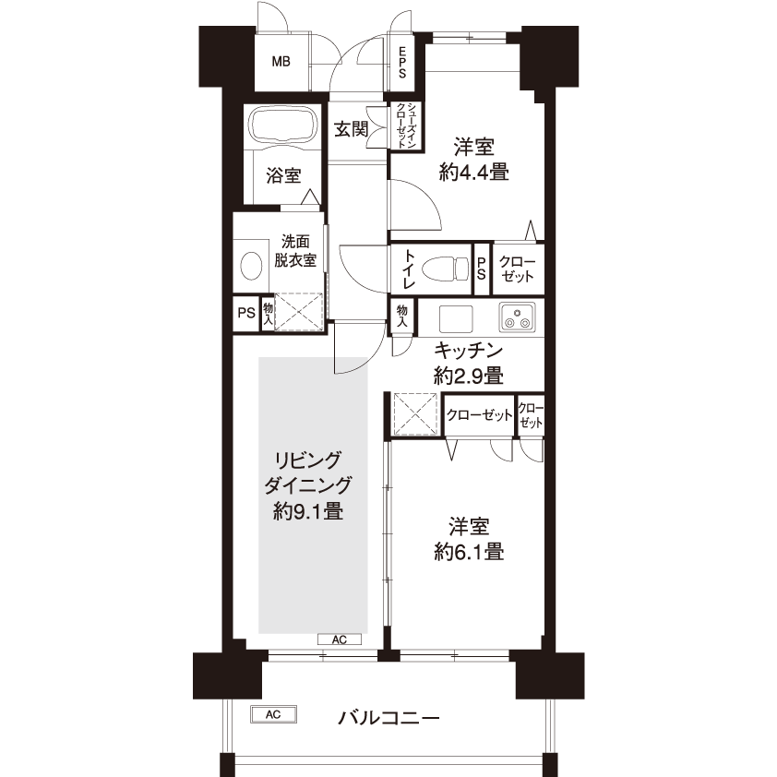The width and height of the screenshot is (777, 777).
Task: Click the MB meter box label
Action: (281, 62)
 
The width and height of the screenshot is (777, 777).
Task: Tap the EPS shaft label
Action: (402, 63)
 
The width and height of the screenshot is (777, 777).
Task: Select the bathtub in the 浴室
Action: (283, 126)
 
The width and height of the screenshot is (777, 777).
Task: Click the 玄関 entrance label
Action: (351, 129)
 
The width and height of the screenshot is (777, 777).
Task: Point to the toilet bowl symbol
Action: (446, 269)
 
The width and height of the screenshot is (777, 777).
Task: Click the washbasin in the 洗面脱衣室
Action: (251, 266)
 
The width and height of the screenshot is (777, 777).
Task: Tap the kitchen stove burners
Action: (518, 317)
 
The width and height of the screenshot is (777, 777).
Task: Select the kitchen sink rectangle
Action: (455, 318)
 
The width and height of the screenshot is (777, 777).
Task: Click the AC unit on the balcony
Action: (273, 714)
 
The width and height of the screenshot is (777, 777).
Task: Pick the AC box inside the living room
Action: (340, 640)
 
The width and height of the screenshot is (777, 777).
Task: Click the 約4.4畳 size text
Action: (473, 173)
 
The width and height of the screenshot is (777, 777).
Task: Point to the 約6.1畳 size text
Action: (469, 552)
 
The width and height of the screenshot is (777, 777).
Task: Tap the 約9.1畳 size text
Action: (308, 511)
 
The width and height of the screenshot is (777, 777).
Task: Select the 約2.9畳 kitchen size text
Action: (469, 376)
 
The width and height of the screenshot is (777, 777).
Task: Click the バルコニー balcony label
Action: (388, 717)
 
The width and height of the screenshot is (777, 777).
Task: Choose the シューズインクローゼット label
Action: (405, 126)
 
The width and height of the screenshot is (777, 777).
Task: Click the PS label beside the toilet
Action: (481, 269)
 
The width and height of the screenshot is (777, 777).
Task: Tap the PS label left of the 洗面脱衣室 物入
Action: (246, 313)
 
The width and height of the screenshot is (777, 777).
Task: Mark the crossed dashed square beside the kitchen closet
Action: (414, 414)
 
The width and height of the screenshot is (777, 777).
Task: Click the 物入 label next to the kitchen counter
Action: (401, 316)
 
